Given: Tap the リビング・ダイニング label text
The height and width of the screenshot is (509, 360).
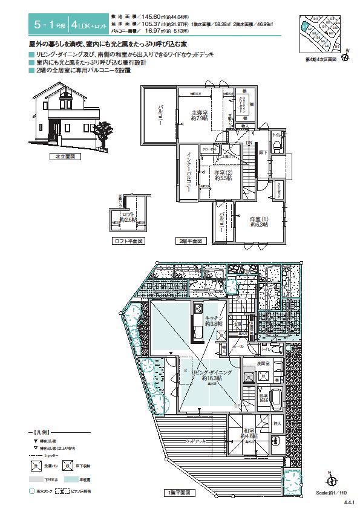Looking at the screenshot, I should pyautogui.click(x=212, y=373).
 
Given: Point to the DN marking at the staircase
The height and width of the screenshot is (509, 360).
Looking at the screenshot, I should pyautogui.click(x=249, y=143).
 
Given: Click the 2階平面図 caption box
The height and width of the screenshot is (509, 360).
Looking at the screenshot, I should pyautogui.click(x=191, y=241).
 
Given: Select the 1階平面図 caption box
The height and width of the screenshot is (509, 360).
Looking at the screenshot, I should pyautogui.click(x=179, y=493).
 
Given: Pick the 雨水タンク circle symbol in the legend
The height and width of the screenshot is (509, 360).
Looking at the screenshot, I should pyautogui.click(x=31, y=491).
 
